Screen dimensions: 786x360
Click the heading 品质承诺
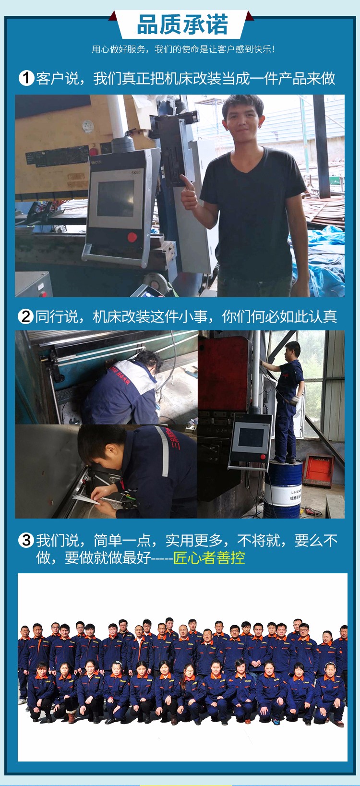click(x=182, y=25)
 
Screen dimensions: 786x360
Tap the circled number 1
click(x=26, y=78)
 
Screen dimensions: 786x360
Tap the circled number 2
click(x=25, y=316)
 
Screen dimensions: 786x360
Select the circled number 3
click(x=25, y=540)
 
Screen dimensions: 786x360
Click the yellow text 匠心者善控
click(x=209, y=558)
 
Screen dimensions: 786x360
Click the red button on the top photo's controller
click(x=132, y=237)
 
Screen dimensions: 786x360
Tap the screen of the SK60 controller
click(x=115, y=198)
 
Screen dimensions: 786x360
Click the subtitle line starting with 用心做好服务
click(x=183, y=49)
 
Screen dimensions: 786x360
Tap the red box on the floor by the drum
click(x=318, y=471)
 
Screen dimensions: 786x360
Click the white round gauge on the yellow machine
click(x=87, y=126)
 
